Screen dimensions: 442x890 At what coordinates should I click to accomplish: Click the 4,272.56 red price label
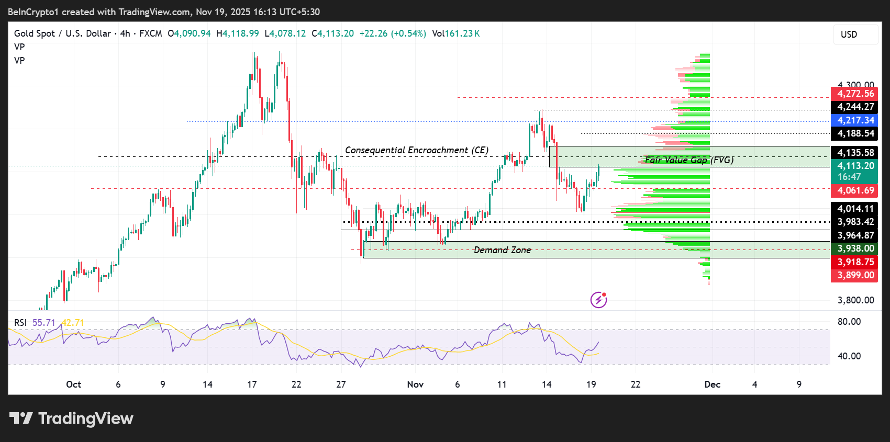click(854, 94)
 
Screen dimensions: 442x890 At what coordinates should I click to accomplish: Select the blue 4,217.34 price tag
click(854, 120)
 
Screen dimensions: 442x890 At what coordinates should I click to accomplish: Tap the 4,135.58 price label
click(854, 153)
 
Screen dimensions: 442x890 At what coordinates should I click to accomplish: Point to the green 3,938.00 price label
click(854, 248)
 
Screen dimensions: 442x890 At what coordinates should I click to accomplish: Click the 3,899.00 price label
click(854, 275)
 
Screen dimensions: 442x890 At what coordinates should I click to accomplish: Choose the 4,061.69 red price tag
click(854, 190)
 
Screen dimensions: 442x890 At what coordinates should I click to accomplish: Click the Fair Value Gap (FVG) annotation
click(689, 160)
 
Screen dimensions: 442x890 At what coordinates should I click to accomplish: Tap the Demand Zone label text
click(502, 250)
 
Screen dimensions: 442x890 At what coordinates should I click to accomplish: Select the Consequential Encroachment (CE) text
click(417, 150)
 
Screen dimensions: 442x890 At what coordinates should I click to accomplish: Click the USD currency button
click(849, 35)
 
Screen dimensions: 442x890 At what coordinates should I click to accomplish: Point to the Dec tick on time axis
click(712, 384)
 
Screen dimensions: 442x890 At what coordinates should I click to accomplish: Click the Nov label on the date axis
click(415, 384)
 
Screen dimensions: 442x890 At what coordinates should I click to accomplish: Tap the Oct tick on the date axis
click(73, 384)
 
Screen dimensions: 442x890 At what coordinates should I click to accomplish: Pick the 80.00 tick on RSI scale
click(849, 322)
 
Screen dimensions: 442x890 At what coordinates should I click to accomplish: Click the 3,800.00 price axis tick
click(855, 300)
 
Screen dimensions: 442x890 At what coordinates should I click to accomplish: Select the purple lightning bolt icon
click(598, 300)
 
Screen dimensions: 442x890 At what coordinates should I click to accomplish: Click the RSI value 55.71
click(43, 323)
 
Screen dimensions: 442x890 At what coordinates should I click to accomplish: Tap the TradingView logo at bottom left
click(71, 418)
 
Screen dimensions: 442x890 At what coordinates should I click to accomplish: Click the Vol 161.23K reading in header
click(455, 33)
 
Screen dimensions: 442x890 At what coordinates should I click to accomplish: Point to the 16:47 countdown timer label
click(849, 177)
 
